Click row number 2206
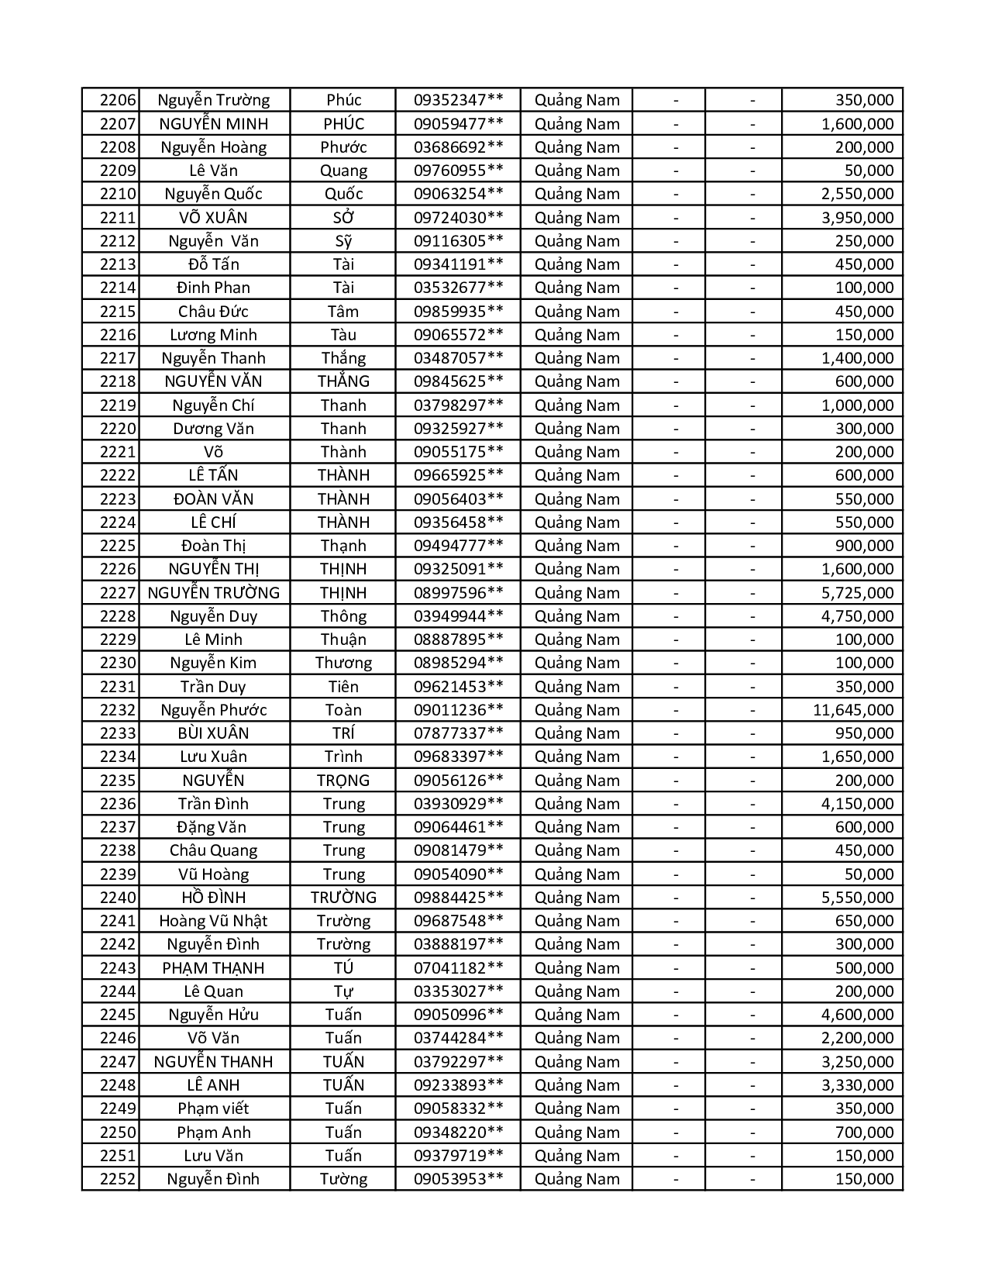point(118,100)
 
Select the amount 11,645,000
point(852,710)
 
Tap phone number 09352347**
point(458,100)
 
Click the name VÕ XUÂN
point(213,218)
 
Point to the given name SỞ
point(343,218)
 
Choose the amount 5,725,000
point(857,593)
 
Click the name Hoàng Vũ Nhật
point(213,921)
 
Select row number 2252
point(118,1179)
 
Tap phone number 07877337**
point(458,733)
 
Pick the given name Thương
point(343,663)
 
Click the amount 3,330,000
point(857,1085)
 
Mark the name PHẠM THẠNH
point(213,968)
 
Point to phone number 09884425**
point(458,898)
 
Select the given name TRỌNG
point(343,781)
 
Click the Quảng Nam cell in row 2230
point(577,663)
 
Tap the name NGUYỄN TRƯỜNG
point(213,593)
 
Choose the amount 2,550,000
point(857,194)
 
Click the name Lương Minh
point(213,335)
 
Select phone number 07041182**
point(458,968)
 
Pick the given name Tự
point(343,991)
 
